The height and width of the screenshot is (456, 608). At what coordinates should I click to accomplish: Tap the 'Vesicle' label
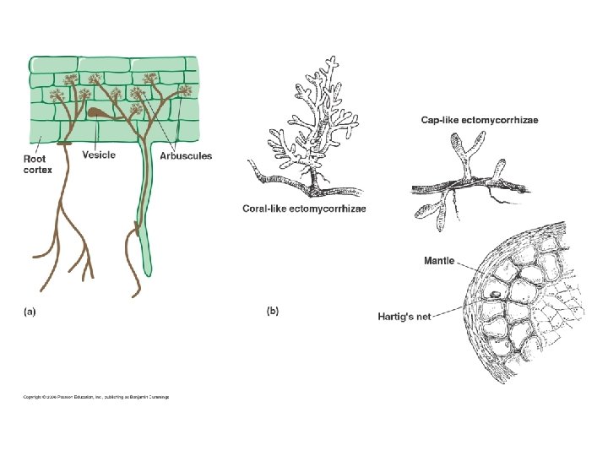(x=99, y=155)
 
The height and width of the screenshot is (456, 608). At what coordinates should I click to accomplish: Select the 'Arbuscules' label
(x=189, y=155)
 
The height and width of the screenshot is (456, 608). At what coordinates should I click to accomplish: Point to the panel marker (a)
(x=29, y=311)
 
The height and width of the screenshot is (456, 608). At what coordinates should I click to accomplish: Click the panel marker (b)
(x=273, y=311)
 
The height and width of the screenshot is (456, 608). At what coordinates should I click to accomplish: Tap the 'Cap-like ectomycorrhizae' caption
(x=480, y=121)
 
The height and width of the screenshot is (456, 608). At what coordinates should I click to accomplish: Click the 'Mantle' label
(x=438, y=261)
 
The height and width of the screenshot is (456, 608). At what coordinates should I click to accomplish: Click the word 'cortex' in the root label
(x=37, y=170)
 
